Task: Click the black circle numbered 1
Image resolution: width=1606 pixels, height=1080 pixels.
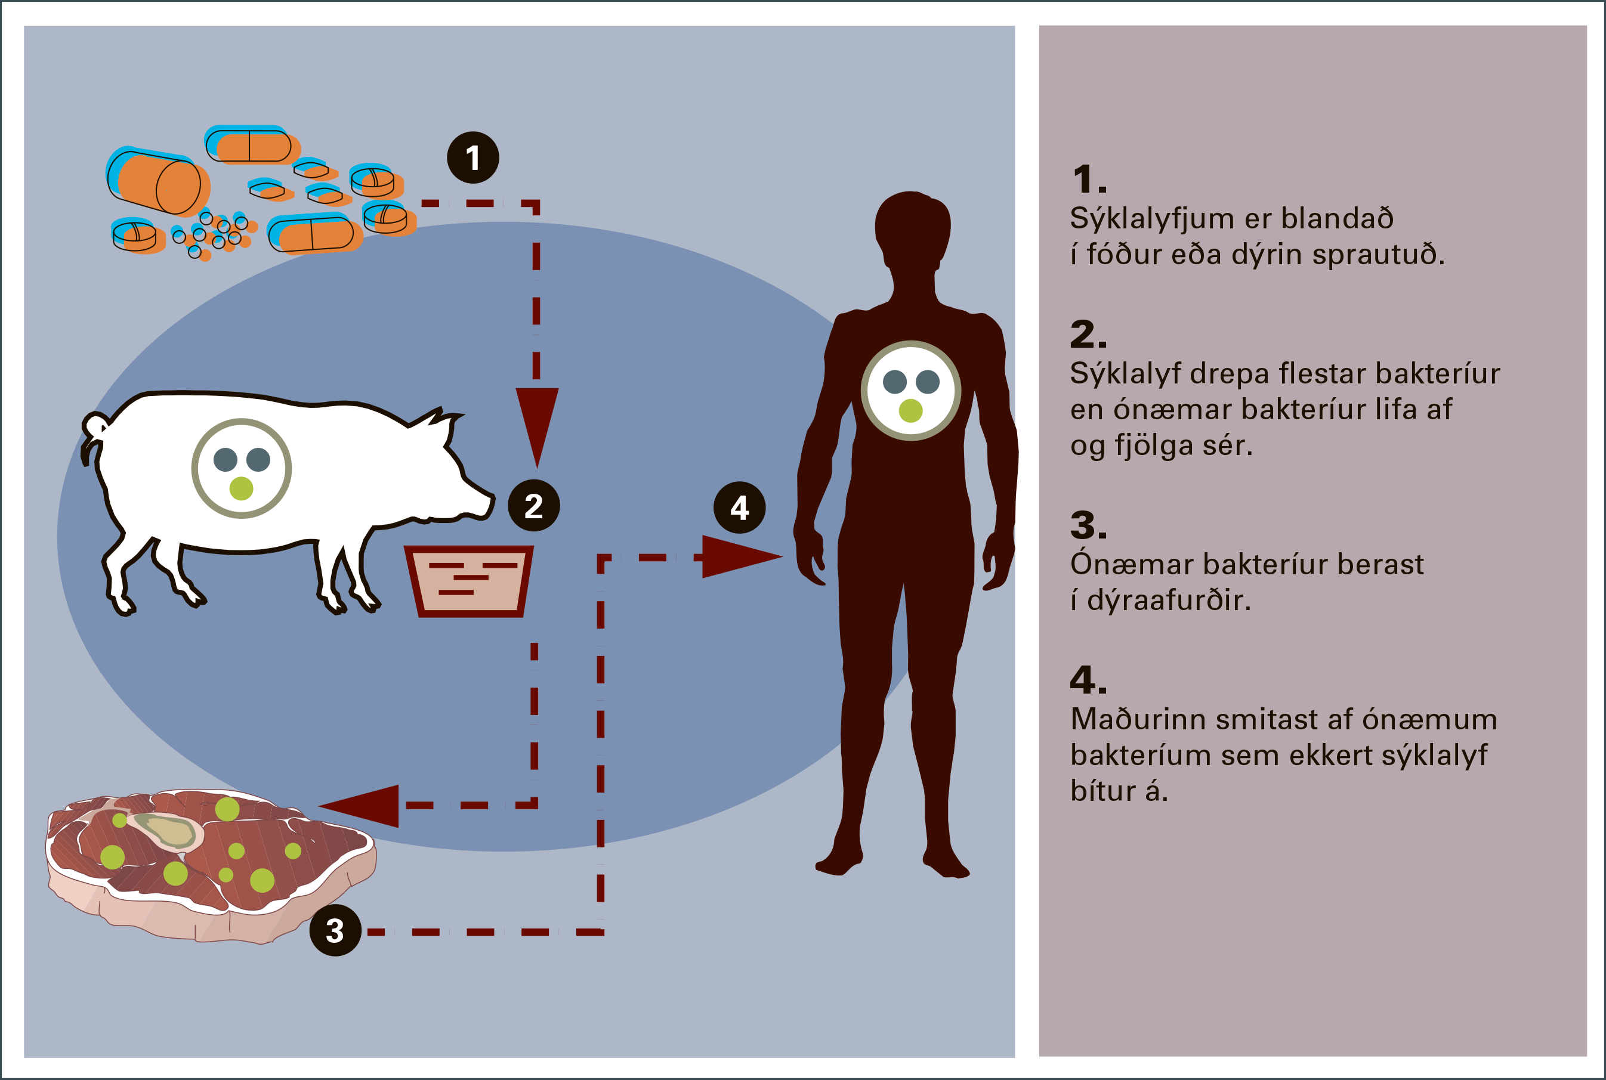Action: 472,157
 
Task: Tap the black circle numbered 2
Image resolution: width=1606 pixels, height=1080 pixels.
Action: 533,506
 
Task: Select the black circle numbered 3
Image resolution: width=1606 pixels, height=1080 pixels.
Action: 335,930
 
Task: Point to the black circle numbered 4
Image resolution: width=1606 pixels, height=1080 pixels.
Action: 739,507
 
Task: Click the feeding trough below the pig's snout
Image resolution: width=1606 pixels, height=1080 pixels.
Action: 469,581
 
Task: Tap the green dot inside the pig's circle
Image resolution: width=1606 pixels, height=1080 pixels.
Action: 241,488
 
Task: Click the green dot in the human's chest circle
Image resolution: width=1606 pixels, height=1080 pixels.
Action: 910,410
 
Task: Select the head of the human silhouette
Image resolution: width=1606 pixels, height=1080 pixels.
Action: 912,227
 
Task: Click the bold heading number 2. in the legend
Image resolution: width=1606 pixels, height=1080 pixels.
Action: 1088,335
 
